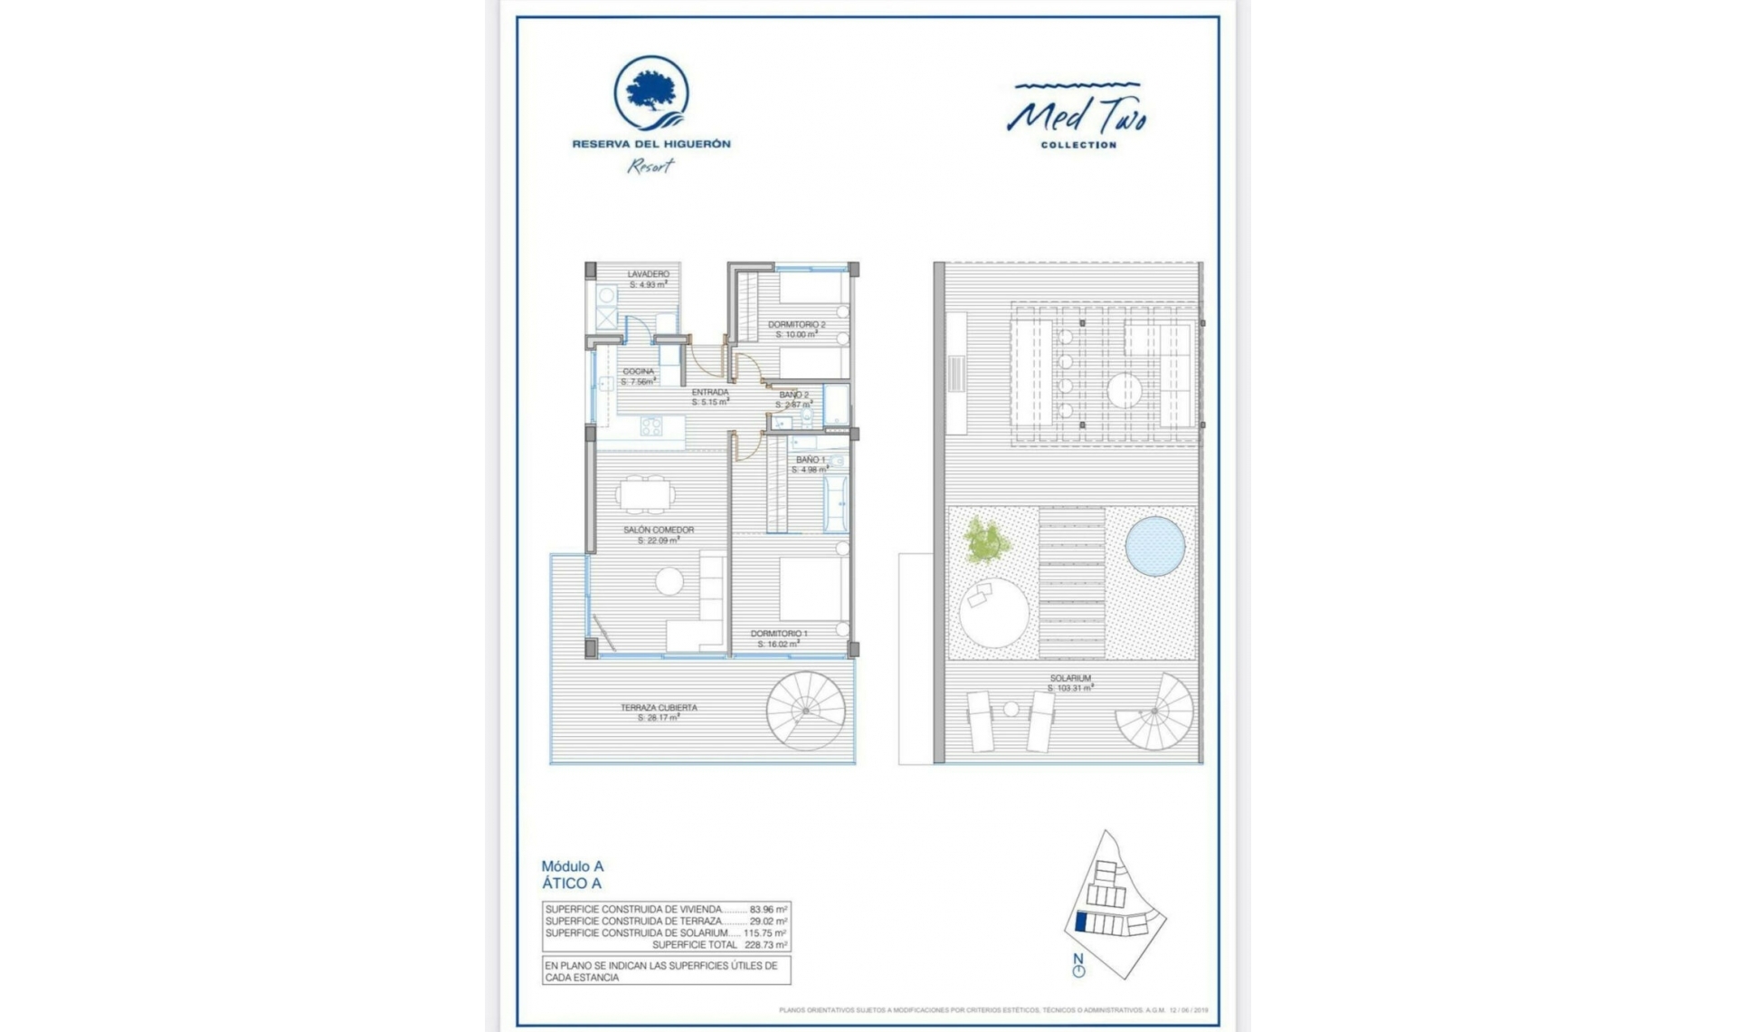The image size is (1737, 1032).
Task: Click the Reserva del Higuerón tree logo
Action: (x=650, y=93)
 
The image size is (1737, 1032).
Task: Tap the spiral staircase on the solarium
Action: (x=1155, y=712)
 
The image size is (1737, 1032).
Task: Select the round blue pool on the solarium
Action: (x=1155, y=547)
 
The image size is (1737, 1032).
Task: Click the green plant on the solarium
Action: (x=985, y=540)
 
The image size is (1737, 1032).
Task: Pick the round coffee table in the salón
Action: (x=669, y=581)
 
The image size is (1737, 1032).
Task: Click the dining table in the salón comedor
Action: (x=645, y=495)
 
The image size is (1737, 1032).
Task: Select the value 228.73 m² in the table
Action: (x=765, y=944)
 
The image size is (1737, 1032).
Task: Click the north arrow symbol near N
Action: (x=1078, y=970)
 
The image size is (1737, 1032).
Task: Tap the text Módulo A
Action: (x=572, y=866)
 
